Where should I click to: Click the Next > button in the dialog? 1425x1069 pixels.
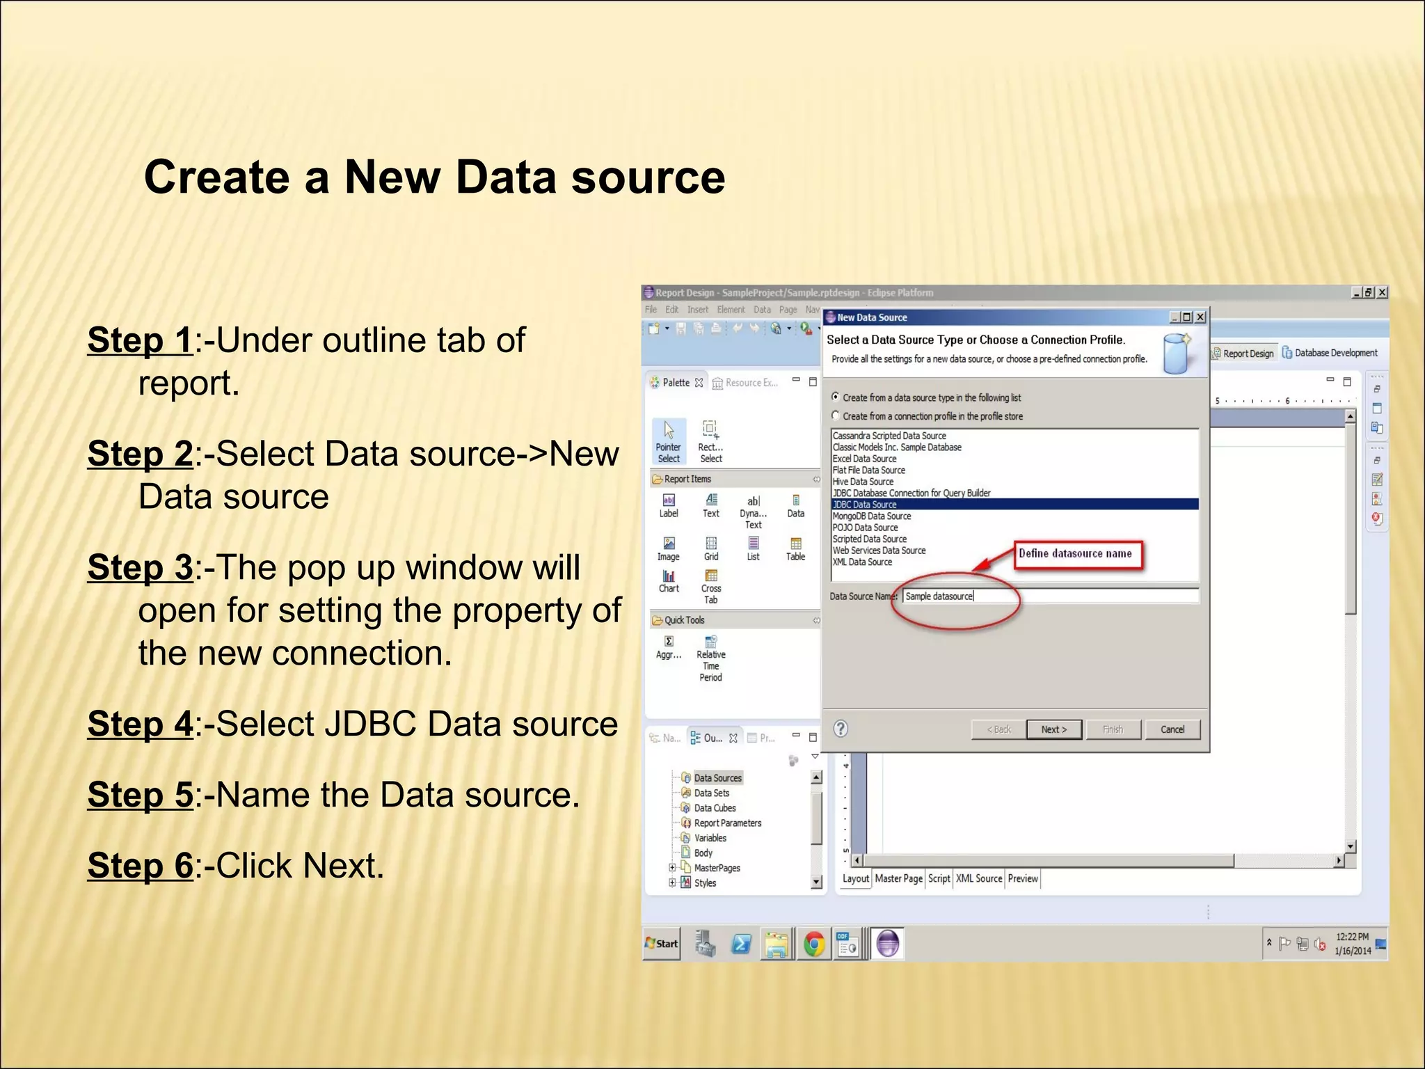coord(1053,729)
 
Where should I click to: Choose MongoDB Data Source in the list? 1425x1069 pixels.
coord(872,516)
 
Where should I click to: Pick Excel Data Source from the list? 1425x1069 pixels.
coord(865,459)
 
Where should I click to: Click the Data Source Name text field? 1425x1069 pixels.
coord(1051,596)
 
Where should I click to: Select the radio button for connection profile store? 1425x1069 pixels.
coord(836,416)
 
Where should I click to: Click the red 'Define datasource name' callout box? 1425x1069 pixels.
coord(1077,555)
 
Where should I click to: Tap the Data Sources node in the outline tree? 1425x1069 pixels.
coord(717,778)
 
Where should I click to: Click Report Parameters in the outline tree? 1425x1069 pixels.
coord(727,823)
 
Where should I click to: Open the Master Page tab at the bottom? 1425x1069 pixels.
coord(898,879)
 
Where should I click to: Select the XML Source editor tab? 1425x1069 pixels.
coord(978,879)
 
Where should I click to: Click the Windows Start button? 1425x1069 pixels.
coord(662,944)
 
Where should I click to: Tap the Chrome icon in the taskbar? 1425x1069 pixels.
coord(814,944)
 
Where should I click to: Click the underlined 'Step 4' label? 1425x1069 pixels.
coord(140,724)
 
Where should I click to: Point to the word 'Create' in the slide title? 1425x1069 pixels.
coord(216,177)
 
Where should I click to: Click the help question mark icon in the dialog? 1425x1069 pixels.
coord(841,729)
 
